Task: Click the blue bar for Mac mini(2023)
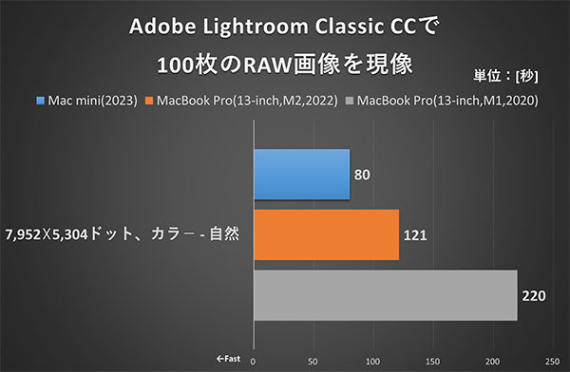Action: pos(301,176)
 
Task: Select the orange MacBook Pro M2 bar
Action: pos(326,234)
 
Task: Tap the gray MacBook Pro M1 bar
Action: pos(385,295)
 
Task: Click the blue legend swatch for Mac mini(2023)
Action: pos(40,99)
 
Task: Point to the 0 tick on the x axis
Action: pos(254,361)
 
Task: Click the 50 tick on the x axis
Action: pos(313,361)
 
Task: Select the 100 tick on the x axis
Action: pos(373,361)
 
